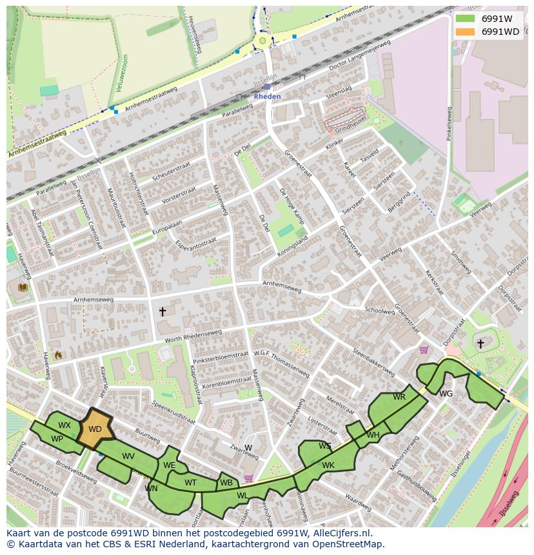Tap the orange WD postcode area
tap(95, 429)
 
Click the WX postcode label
tap(64, 425)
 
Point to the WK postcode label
tap(328, 465)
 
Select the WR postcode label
tap(399, 396)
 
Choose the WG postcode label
tap(446, 393)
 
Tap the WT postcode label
tap(190, 482)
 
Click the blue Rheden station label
tap(267, 96)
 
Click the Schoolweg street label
tap(379, 309)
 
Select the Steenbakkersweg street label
tap(373, 362)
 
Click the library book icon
tap(23, 287)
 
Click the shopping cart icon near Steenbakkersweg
tap(424, 350)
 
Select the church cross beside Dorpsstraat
tap(480, 344)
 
